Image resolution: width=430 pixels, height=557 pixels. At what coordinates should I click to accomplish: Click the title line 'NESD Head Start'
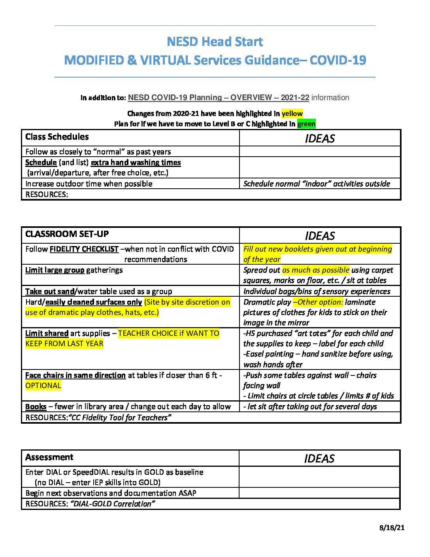[215, 42]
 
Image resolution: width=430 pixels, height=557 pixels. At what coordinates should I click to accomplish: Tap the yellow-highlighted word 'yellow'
[292, 114]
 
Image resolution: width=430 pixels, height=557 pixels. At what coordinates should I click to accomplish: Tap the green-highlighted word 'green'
[306, 124]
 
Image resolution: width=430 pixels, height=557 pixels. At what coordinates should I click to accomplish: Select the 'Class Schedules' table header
[57, 137]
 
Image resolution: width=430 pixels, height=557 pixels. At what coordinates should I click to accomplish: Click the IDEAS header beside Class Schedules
[320, 138]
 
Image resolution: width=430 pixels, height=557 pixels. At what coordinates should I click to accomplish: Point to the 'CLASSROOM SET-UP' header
[67, 234]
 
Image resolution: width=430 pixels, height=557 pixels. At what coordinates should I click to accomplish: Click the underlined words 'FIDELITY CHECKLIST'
[84, 249]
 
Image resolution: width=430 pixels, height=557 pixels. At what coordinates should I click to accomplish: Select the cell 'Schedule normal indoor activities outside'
[317, 184]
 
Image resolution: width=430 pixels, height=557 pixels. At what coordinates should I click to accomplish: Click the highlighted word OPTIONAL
[43, 386]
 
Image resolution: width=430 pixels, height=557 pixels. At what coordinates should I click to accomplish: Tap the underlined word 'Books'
[36, 407]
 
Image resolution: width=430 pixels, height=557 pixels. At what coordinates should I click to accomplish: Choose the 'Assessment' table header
[49, 457]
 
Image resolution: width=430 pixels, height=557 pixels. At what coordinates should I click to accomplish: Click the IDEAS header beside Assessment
[319, 458]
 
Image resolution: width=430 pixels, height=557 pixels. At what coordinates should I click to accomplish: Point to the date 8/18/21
[392, 528]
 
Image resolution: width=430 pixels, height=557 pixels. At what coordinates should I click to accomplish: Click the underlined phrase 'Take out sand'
[50, 292]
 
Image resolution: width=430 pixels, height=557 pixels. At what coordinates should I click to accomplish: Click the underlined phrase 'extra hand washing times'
[136, 163]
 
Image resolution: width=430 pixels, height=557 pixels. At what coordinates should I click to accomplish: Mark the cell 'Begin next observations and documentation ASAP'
[111, 493]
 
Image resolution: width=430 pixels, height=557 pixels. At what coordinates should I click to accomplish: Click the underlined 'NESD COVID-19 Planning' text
[175, 98]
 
